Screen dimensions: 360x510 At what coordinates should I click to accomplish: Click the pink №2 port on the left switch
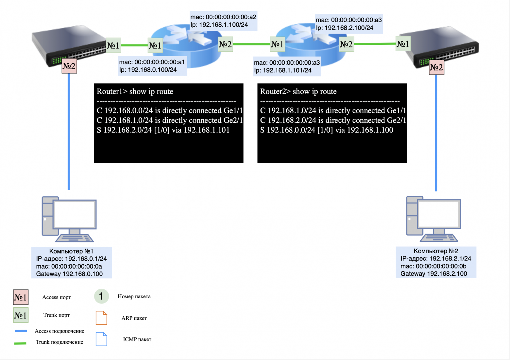[69, 66]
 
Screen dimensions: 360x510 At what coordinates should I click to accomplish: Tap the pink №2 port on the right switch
[436, 68]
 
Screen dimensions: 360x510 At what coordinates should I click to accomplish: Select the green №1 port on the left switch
[113, 45]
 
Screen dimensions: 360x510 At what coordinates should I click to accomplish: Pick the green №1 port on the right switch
[403, 44]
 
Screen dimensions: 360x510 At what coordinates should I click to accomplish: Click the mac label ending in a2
[223, 17]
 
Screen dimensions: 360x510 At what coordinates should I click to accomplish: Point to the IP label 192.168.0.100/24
[148, 70]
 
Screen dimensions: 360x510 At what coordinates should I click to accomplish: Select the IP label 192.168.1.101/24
[283, 70]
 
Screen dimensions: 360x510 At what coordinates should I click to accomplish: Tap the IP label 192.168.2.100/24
[345, 28]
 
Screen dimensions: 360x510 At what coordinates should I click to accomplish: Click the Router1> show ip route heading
[135, 91]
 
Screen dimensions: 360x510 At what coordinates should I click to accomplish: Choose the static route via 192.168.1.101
[163, 130]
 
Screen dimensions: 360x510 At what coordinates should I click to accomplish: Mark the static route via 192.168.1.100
[327, 130]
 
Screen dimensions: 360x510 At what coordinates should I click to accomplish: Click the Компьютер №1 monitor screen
[75, 214]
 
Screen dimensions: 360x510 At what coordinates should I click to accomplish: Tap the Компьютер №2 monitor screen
[439, 214]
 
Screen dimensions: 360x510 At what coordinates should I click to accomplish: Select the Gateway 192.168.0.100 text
[69, 274]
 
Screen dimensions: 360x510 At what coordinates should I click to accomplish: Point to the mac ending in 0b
[433, 266]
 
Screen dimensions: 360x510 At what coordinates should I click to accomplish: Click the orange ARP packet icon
[101, 318]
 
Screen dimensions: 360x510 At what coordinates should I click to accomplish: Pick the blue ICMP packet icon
[101, 339]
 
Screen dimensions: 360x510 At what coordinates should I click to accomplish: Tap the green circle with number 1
[101, 296]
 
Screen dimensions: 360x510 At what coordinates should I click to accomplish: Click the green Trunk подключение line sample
[21, 343]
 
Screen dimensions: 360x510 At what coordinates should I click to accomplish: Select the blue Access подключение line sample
[21, 331]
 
